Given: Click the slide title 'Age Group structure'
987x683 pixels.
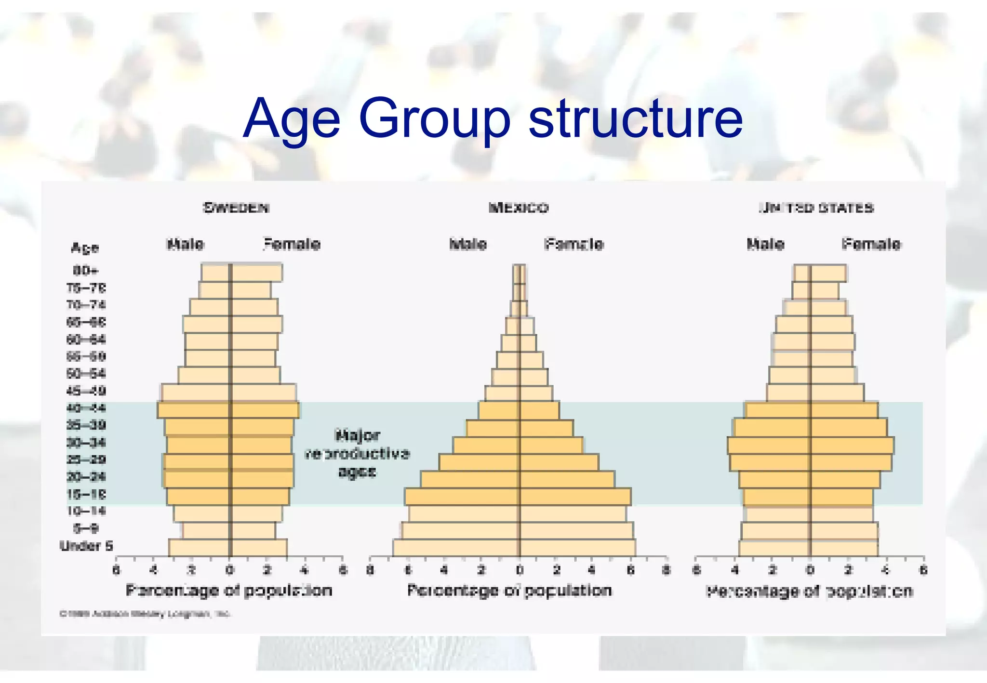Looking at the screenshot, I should [493, 118].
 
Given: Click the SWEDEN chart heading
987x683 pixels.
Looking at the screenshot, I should [236, 208].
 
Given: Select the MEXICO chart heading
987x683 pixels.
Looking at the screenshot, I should [519, 208].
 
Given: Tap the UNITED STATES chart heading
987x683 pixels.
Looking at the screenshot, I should [816, 208].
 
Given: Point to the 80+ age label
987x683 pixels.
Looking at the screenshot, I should [86, 270].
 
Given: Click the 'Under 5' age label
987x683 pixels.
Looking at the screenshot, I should [86, 546].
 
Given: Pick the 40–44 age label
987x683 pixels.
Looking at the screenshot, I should [86, 408].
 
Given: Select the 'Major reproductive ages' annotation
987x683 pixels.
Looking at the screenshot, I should [357, 453].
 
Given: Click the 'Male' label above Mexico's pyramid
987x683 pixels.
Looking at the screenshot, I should [468, 244].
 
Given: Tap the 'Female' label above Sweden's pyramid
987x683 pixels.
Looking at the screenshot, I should [292, 244].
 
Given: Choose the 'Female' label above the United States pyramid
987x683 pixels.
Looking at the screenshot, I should [871, 244].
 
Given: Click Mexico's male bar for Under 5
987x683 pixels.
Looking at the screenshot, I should [456, 548].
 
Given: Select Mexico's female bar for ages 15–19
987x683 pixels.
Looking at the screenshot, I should [575, 496].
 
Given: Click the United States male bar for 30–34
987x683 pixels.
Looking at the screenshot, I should [769, 445].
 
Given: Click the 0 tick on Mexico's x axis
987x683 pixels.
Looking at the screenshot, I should [520, 570].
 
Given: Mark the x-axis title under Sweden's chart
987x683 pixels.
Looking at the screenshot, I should [229, 591].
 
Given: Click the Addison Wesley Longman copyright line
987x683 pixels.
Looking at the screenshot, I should [145, 614].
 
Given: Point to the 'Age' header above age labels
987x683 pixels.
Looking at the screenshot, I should [85, 248].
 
